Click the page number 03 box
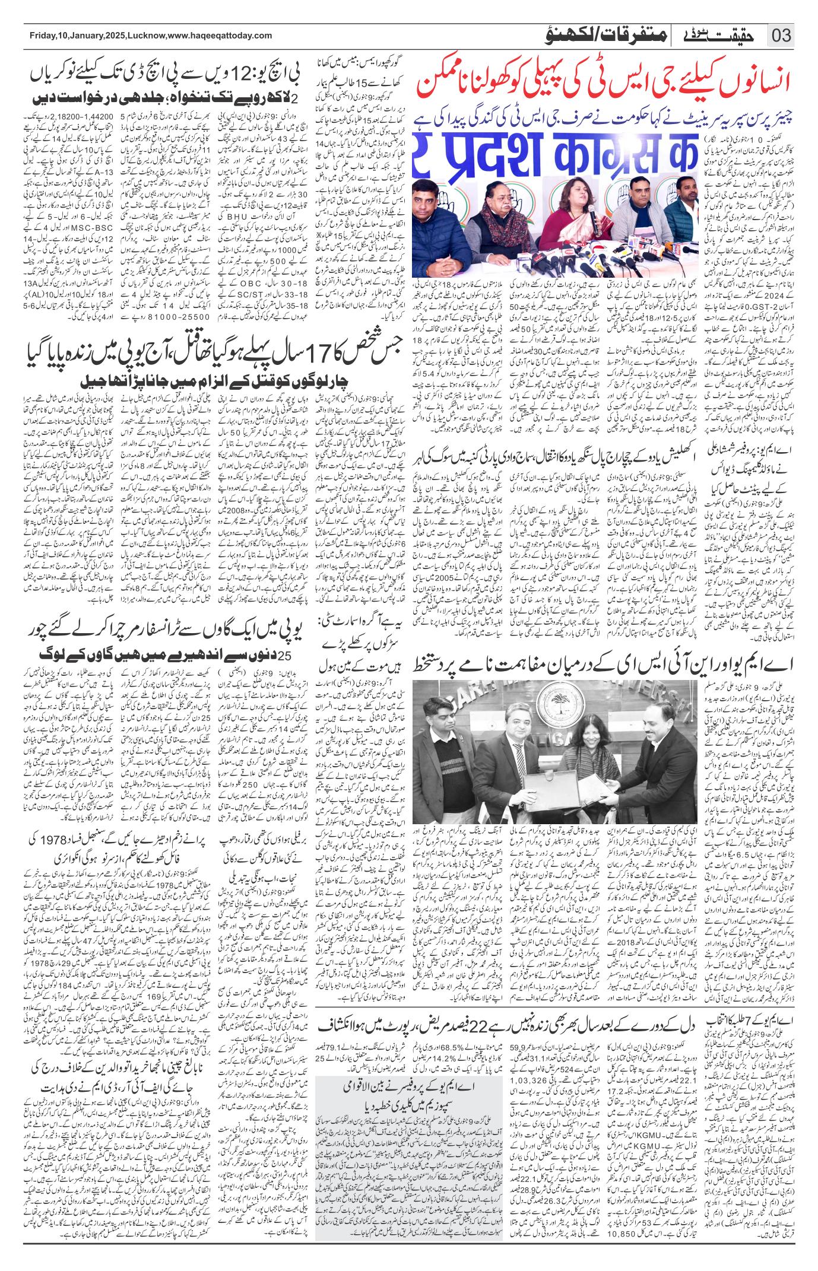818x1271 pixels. [x=781, y=34]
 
